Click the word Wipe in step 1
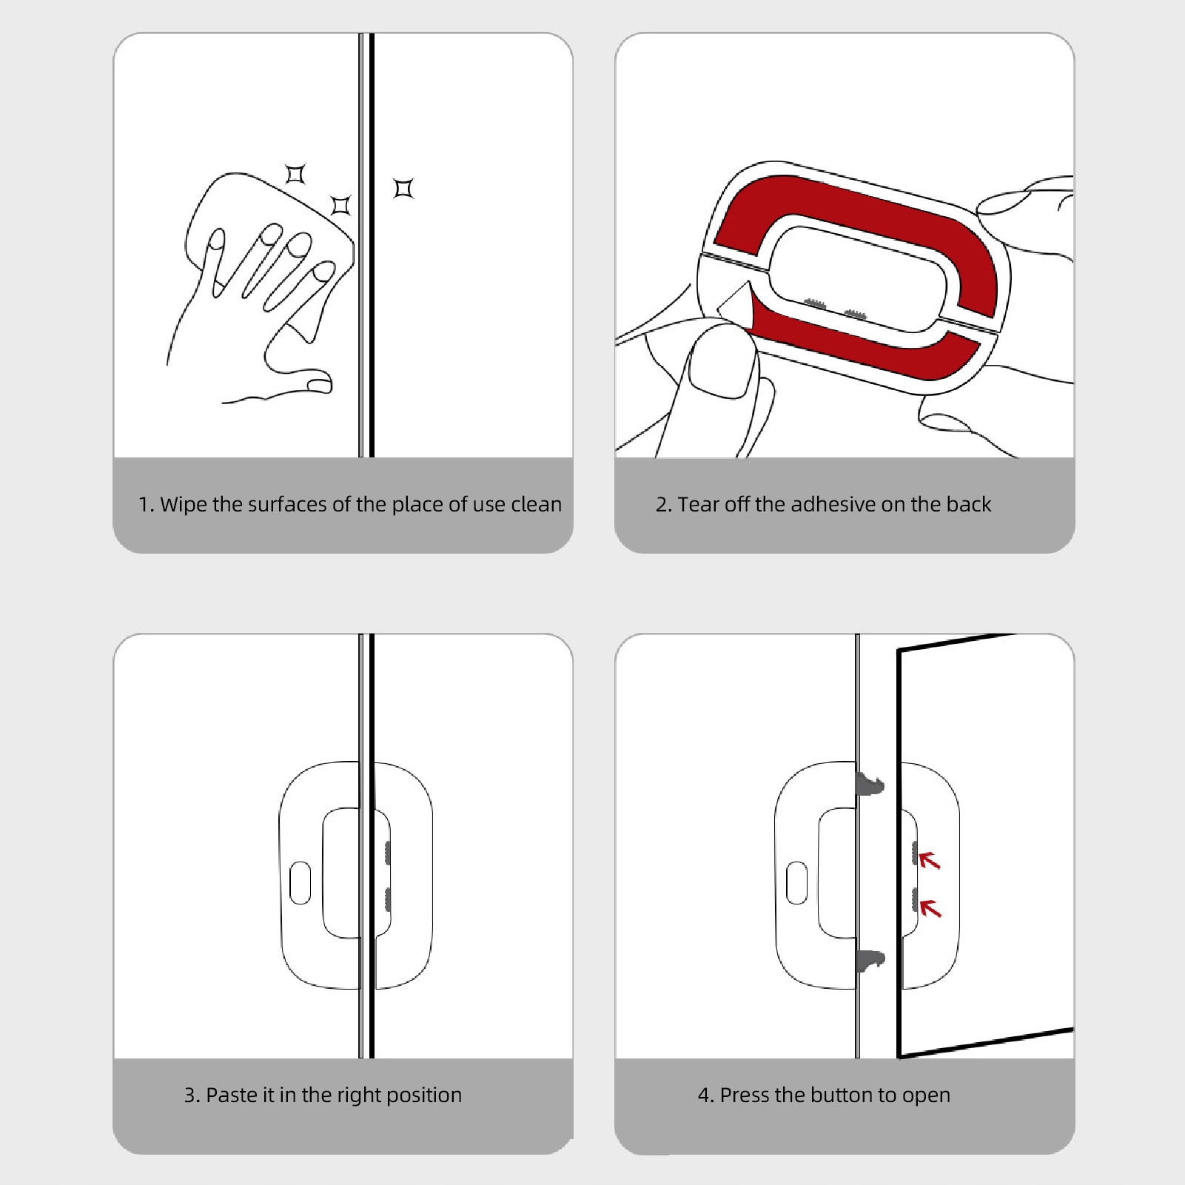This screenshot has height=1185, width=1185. pos(183,505)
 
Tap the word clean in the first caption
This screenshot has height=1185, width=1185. pos(536,505)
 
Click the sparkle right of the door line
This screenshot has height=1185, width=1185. pos(403,189)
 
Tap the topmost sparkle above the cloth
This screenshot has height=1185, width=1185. pos(295,174)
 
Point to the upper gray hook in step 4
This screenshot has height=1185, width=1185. pos(870,783)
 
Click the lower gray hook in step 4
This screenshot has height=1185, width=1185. pos(870,961)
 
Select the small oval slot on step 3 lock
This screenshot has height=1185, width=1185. pos(300,882)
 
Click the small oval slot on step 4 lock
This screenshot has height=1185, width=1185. pos(796,882)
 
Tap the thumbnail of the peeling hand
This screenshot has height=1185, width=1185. pos(719,367)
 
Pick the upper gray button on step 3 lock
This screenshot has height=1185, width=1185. pos(386,853)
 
